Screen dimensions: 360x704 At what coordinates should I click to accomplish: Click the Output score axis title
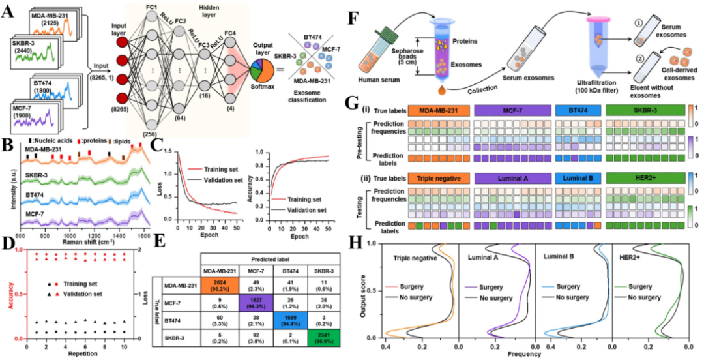tap(371, 292)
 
